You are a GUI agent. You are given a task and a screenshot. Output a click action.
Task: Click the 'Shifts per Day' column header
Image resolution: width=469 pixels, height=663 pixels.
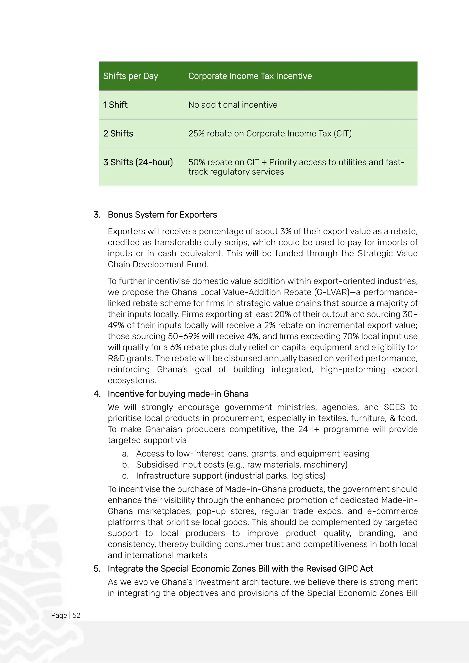tap(131, 76)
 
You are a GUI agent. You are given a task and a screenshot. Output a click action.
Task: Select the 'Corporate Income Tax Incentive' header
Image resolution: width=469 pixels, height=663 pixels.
tap(250, 76)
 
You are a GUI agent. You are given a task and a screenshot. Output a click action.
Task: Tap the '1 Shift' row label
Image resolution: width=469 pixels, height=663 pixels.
tap(115, 105)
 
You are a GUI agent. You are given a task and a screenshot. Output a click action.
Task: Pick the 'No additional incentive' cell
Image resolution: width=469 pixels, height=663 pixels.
tap(233, 105)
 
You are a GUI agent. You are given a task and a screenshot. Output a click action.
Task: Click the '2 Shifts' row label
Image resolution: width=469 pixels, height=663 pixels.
tap(118, 133)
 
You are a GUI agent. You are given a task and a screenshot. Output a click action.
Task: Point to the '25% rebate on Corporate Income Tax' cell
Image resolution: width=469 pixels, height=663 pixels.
tap(270, 133)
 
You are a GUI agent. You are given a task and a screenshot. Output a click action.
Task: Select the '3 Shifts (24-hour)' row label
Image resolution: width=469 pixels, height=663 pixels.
tap(138, 162)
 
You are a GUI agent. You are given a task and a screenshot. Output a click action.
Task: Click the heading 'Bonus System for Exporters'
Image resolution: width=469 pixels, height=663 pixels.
tap(162, 215)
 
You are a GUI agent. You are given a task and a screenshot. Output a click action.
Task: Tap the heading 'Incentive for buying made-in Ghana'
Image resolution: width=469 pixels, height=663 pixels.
tap(178, 394)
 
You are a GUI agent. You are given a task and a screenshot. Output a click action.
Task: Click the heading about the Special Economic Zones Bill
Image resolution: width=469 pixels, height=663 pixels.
tap(240, 569)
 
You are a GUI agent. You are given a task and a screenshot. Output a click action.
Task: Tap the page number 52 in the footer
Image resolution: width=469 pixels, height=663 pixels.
tap(76, 615)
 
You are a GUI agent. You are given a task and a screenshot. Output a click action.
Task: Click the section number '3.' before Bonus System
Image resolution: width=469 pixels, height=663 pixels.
tap(97, 215)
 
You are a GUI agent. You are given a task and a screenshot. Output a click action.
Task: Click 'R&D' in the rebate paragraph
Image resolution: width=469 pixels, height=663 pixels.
tap(116, 358)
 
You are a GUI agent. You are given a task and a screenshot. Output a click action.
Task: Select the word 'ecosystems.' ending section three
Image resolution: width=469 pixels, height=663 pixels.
tap(132, 380)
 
